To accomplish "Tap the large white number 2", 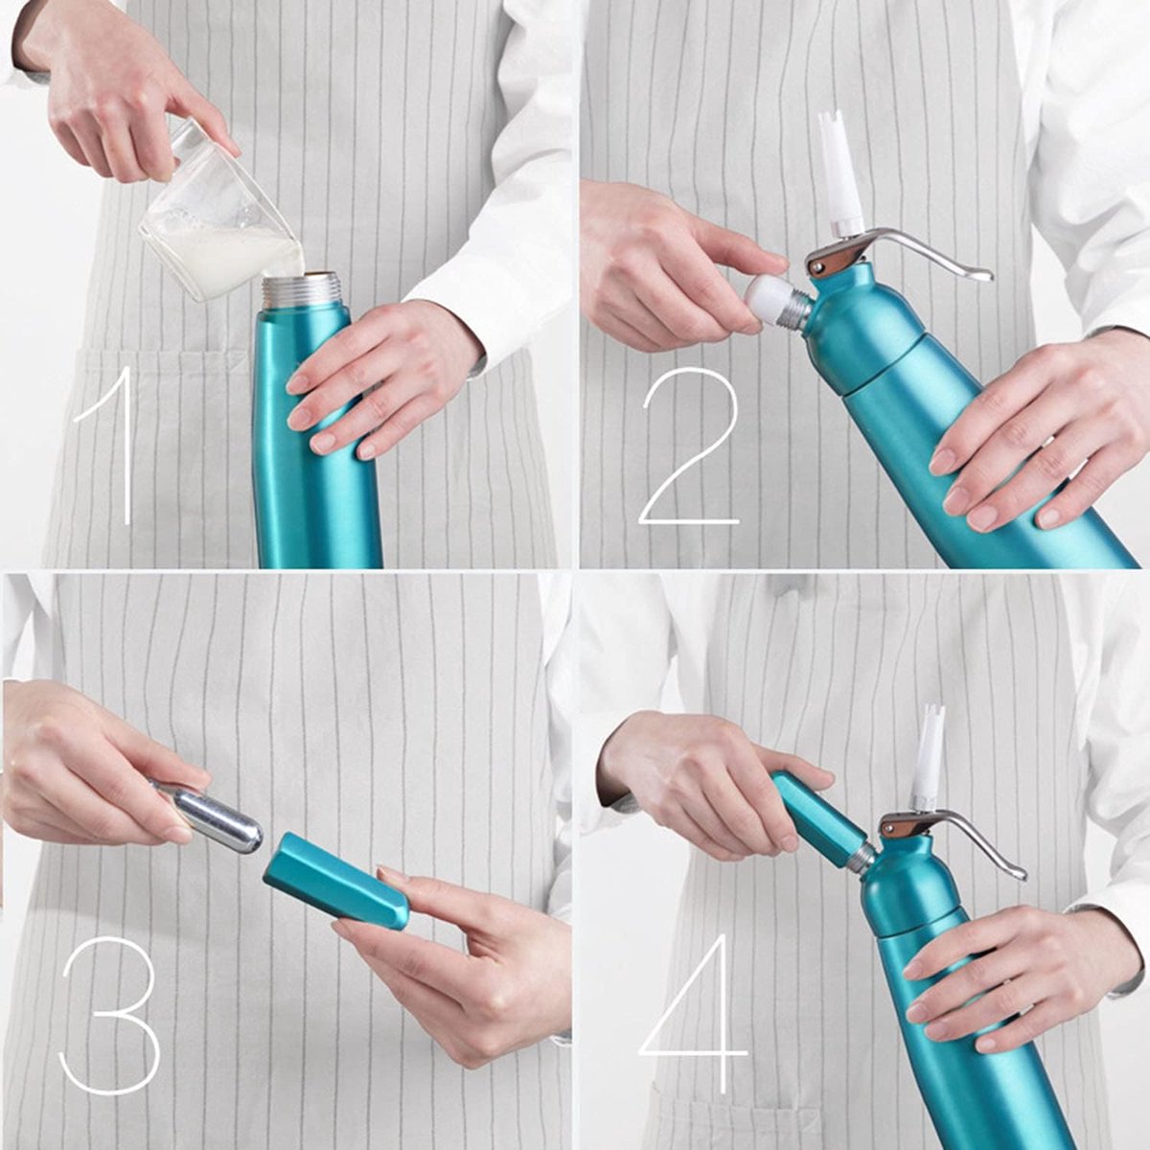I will [688, 450].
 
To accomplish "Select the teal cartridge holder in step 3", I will [335, 880].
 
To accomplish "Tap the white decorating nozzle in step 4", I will [927, 756].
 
